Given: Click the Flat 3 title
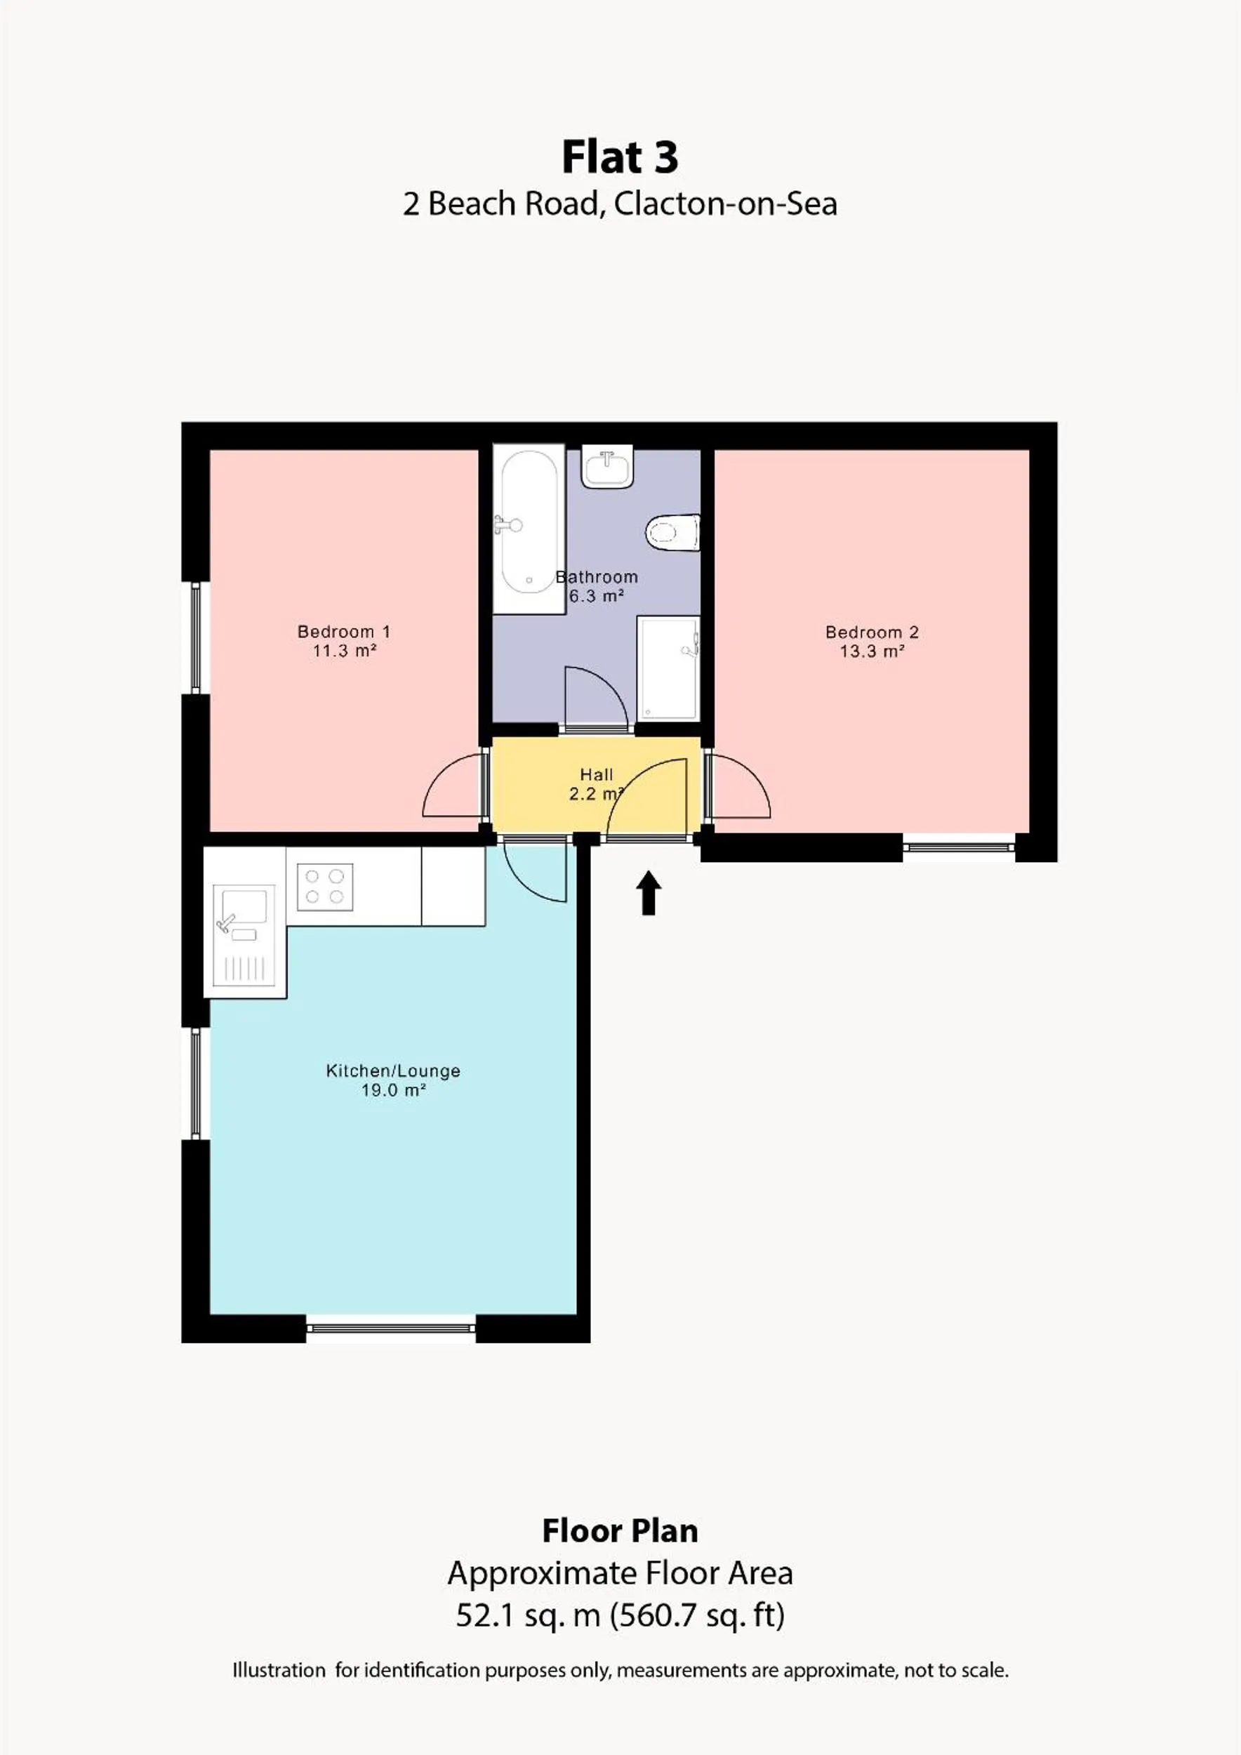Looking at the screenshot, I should tap(620, 157).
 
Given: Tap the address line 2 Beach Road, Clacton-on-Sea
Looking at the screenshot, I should tap(620, 204).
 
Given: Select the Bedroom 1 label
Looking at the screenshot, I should tap(343, 632).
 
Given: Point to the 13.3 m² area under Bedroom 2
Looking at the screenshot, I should tap(872, 652).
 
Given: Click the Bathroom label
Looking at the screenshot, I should tap(597, 578).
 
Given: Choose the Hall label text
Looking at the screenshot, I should tap(596, 774).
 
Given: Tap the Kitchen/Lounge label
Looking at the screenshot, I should tap(393, 1071).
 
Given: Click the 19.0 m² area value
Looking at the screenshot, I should tap(393, 1091).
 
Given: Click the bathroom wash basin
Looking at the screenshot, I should tap(607, 466).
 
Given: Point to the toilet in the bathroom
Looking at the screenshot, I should tap(673, 532).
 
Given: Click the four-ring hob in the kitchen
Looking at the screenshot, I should tap(325, 887).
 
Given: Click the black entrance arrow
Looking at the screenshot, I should tap(649, 892).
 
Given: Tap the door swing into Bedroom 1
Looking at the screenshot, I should tap(452, 788).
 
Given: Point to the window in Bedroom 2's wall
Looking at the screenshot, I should tap(959, 847).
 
